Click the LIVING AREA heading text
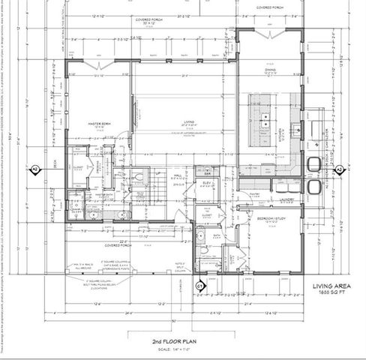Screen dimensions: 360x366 (x=332, y=286)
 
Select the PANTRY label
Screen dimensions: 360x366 (x=255, y=193)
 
